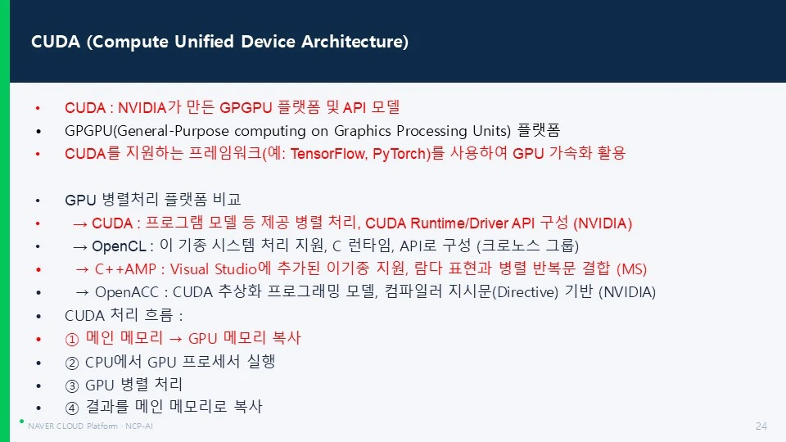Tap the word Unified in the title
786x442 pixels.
pyautogui.click(x=204, y=42)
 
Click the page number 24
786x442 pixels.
pyautogui.click(x=761, y=426)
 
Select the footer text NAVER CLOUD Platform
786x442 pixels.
pyautogui.click(x=73, y=426)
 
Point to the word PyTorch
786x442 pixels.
pyautogui.click(x=399, y=153)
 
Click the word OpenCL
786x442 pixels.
pyautogui.click(x=119, y=246)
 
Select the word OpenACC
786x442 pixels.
pyautogui.click(x=127, y=292)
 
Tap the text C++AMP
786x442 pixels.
pyautogui.click(x=125, y=269)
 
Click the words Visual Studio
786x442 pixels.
pyautogui.click(x=214, y=269)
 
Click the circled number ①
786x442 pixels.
pyautogui.click(x=72, y=339)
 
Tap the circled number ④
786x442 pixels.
pyautogui.click(x=72, y=408)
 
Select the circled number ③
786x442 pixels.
pyautogui.click(x=72, y=386)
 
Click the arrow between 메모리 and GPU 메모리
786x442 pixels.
pyautogui.click(x=175, y=339)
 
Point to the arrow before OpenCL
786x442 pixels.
pyautogui.click(x=80, y=246)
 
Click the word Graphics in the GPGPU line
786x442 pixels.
pyautogui.click(x=363, y=131)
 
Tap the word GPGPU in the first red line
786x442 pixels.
pyautogui.click(x=246, y=108)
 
